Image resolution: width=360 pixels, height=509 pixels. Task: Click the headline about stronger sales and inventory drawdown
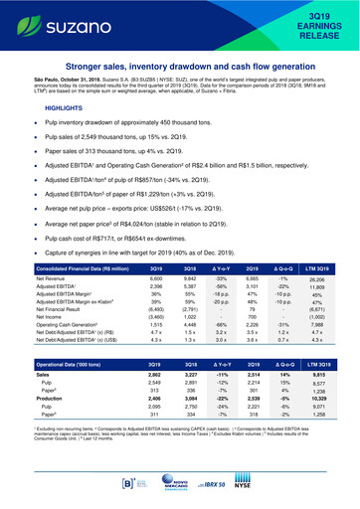[x=179, y=68]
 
